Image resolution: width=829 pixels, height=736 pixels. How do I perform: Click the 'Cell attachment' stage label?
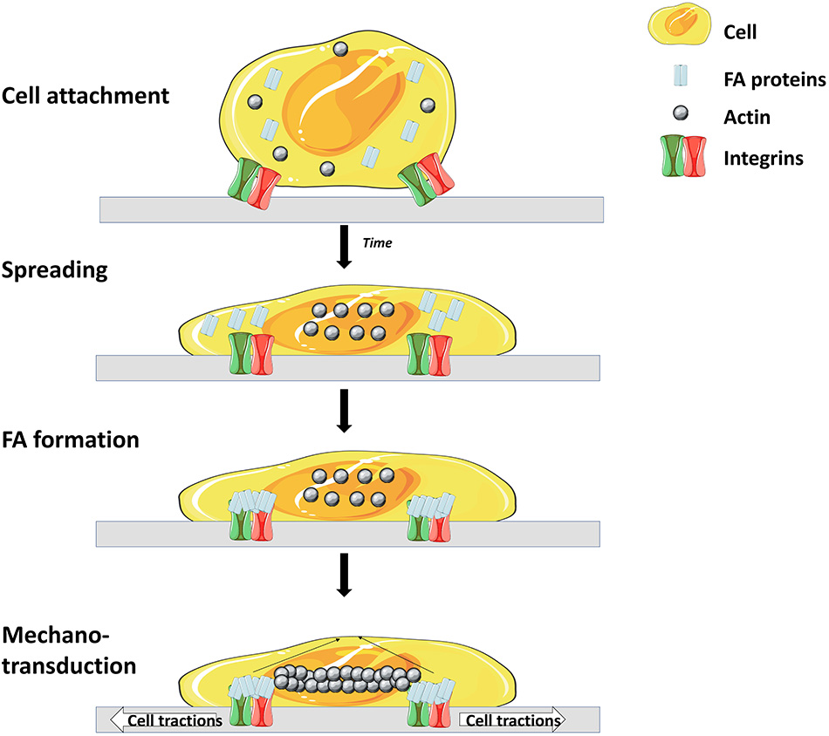(x=86, y=95)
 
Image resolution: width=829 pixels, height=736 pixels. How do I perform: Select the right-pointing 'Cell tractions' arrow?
(x=512, y=720)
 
